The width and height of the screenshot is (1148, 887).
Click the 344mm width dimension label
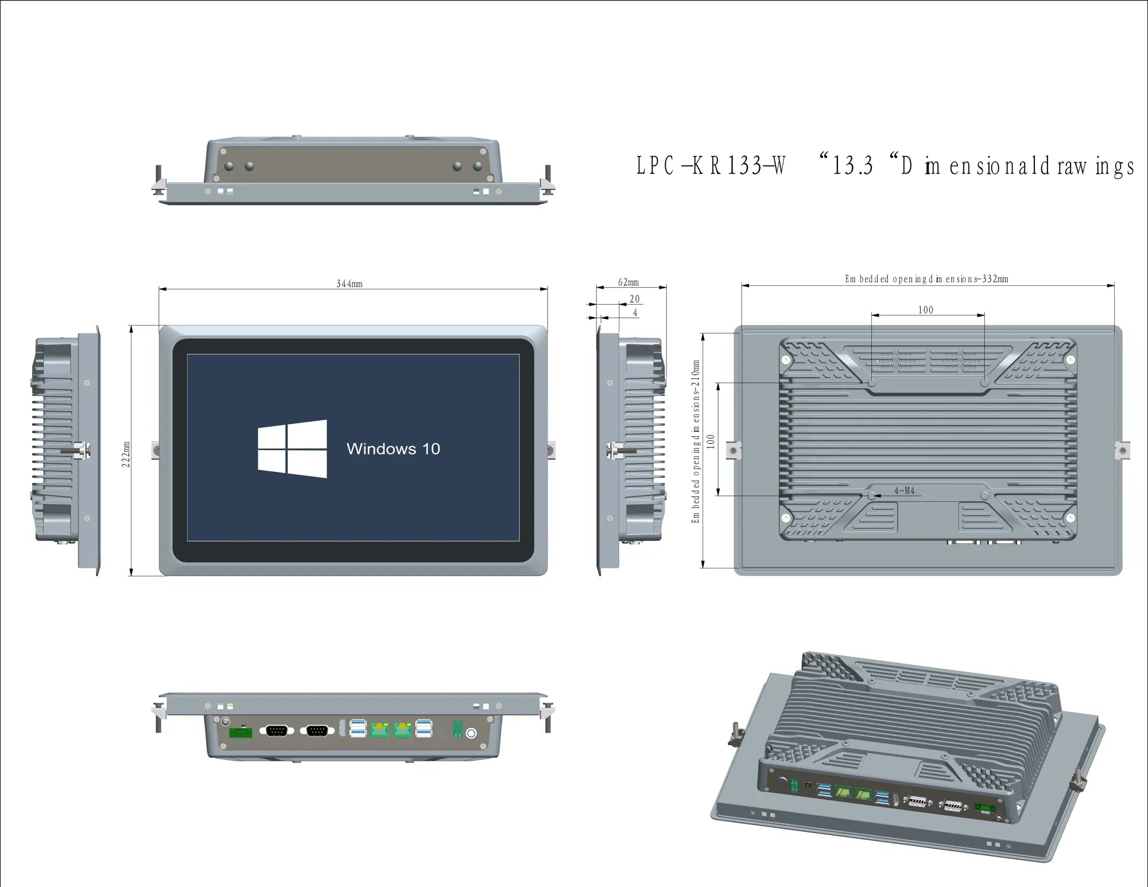(x=349, y=284)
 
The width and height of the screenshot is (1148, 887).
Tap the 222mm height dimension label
(x=126, y=454)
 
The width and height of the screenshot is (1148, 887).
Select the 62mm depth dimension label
(x=628, y=282)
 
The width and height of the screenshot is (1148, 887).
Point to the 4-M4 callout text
(x=904, y=490)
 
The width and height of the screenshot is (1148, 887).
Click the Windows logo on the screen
(x=293, y=448)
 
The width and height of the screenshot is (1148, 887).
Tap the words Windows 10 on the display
(x=393, y=449)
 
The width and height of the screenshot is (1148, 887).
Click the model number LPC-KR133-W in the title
(x=711, y=166)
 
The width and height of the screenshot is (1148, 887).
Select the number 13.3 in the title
(x=852, y=166)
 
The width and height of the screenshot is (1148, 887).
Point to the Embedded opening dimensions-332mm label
(x=926, y=279)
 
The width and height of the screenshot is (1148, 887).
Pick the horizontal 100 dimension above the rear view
(x=925, y=310)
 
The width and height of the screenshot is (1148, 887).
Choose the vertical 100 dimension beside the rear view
(x=711, y=441)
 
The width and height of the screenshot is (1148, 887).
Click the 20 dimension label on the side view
(x=634, y=299)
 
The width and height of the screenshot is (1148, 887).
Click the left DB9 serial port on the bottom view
(x=277, y=730)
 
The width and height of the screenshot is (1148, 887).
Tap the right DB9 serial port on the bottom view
(x=317, y=730)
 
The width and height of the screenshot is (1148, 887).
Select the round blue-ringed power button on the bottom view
(x=471, y=733)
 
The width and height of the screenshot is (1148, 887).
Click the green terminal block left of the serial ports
(x=241, y=732)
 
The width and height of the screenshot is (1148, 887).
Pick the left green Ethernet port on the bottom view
(x=379, y=730)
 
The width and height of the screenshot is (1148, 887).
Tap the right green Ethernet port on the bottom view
(x=402, y=730)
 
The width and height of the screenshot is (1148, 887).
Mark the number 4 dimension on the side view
(x=635, y=313)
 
